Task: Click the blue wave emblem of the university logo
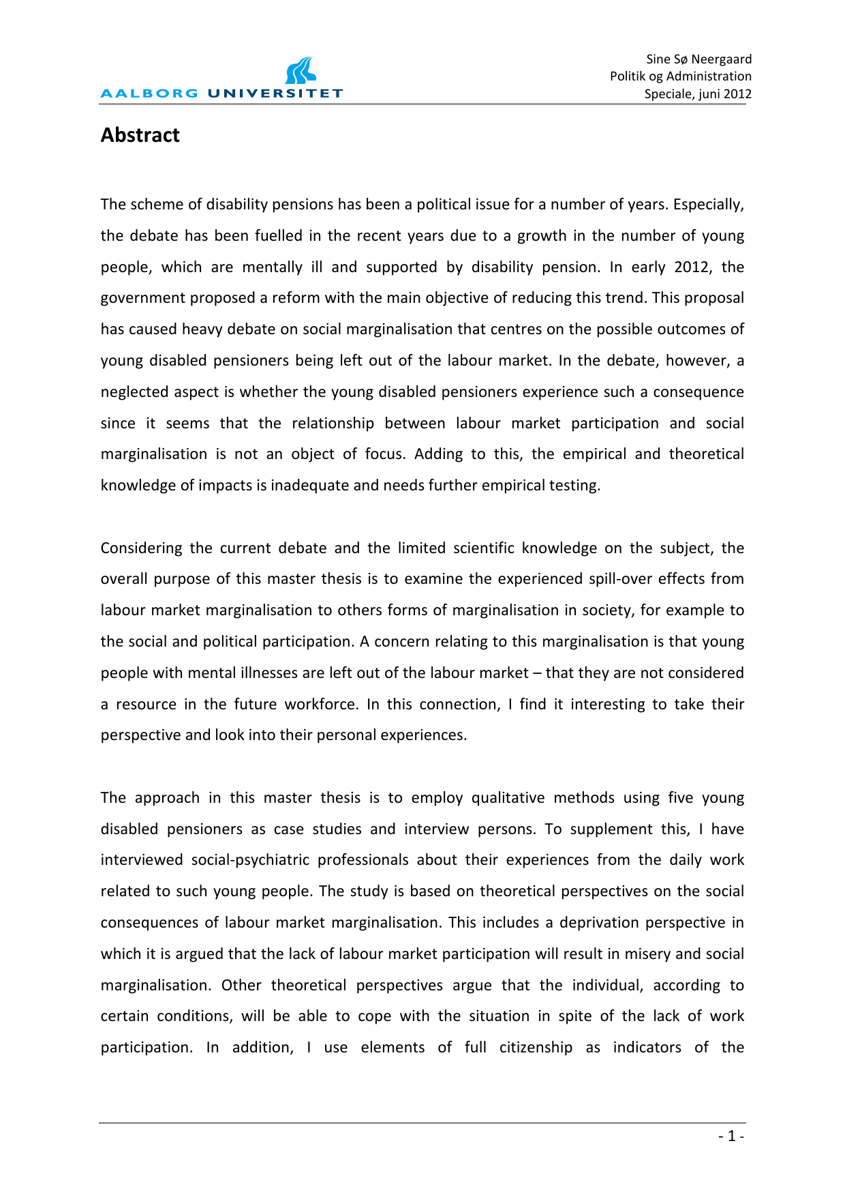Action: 301,71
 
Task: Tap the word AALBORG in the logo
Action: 149,93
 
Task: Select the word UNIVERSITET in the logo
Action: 275,93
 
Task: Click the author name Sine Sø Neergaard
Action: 698,59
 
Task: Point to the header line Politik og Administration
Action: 680,76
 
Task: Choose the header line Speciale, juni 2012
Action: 698,93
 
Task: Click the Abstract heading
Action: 140,135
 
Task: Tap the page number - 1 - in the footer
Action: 731,1136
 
